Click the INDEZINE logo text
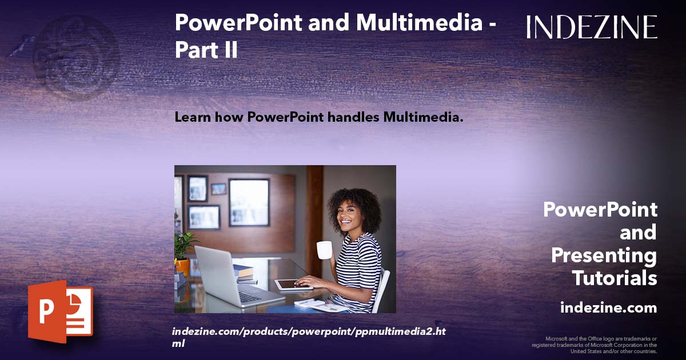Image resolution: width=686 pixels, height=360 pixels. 592,27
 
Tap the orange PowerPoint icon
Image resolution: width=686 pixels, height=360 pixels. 61,311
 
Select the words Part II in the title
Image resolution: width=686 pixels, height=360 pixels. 206,50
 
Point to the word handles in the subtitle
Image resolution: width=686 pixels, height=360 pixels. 351,118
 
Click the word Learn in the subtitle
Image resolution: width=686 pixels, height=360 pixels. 192,118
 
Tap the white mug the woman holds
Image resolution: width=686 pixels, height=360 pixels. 324,250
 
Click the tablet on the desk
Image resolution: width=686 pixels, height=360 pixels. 292,284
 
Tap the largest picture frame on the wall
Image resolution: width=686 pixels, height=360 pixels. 249,202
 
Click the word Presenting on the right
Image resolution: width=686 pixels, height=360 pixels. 604,255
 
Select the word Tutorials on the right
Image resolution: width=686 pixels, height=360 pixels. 615,278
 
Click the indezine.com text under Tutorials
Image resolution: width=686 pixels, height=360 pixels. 608,308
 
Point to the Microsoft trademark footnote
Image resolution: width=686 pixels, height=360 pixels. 595,345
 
